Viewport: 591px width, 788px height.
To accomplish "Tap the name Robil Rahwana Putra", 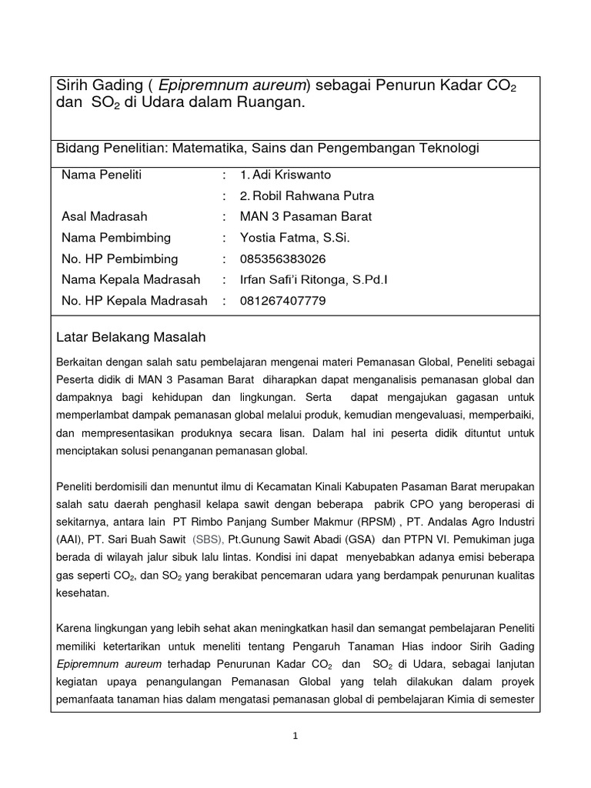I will coord(296,195).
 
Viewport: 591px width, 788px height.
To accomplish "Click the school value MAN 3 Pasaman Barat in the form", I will coord(300,216).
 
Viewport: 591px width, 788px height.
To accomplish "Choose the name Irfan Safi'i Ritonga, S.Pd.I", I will coord(313,279).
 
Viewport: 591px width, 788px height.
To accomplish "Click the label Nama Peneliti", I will coord(102,175).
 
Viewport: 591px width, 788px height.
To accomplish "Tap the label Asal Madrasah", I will coord(104,216).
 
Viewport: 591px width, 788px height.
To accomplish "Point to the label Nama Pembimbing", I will coord(115,238).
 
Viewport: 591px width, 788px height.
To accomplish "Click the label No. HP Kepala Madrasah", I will coord(134,301).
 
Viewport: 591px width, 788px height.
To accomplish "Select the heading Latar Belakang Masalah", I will coord(132,337).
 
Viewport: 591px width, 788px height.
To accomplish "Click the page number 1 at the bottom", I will coord(295,736).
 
